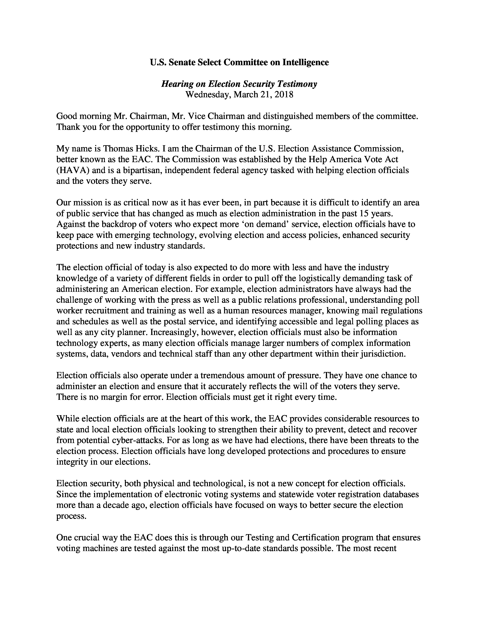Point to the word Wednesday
coord(207,95)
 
